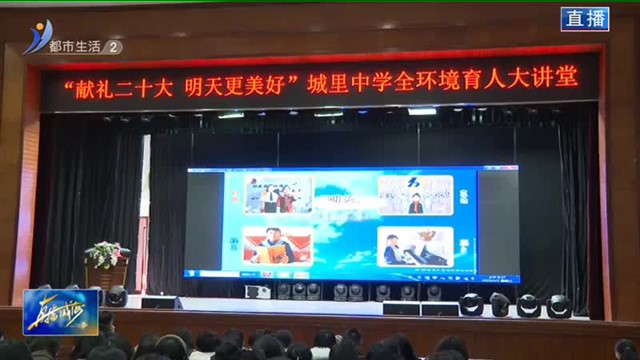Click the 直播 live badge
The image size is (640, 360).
584,19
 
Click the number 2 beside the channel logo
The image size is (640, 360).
114,46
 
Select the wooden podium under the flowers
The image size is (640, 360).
107,276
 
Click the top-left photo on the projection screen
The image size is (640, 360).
277,195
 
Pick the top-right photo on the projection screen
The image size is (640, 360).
415,194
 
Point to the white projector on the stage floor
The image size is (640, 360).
257,291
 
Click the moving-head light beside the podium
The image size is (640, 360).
117,297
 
